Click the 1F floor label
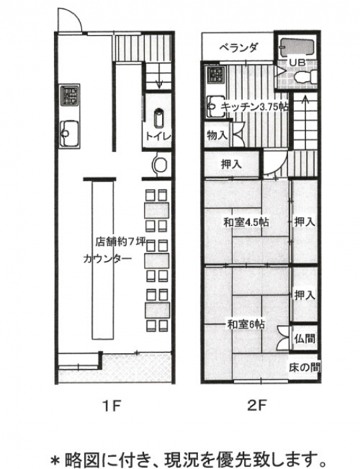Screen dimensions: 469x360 coord(110,404)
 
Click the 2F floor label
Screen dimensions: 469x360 coord(259,404)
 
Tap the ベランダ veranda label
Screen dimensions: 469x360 coord(239,48)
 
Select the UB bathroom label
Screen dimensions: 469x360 coord(296,63)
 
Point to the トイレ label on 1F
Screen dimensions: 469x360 coord(158,137)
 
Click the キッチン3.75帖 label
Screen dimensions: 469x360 coord(254,105)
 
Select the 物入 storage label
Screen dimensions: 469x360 coord(217,135)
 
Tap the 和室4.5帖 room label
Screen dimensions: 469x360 coord(246,223)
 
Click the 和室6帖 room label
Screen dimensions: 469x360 coord(245,324)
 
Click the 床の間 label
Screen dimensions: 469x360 coord(304,367)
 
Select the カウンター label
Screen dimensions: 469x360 coord(104,258)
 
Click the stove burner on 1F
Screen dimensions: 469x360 coord(70,96)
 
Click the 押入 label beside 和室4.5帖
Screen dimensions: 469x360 coord(305,222)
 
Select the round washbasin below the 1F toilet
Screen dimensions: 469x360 coord(161,164)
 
